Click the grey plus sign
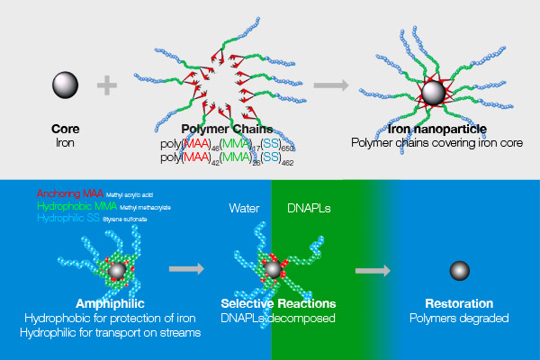tap(107, 85)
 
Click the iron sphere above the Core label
tap(65, 85)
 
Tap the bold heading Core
tap(65, 130)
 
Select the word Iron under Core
tap(65, 142)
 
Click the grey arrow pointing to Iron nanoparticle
tap(331, 85)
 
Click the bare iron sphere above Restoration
tap(460, 269)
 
